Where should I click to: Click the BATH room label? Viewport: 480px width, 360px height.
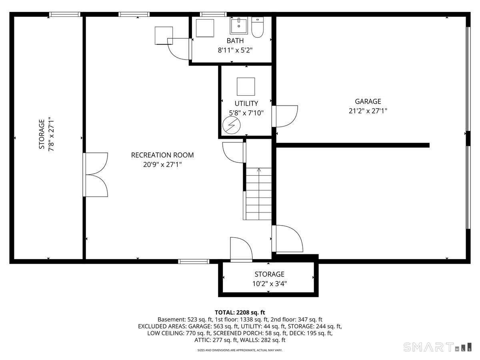pyautogui.click(x=235, y=41)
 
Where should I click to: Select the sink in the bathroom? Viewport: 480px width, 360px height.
pyautogui.click(x=239, y=26)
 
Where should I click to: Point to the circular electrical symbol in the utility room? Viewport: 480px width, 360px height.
pyautogui.click(x=230, y=126)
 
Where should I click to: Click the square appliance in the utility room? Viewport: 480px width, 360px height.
pyautogui.click(x=246, y=86)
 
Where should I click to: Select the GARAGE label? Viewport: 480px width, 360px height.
pyautogui.click(x=368, y=102)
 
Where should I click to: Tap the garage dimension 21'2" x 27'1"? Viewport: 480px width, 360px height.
pyautogui.click(x=368, y=111)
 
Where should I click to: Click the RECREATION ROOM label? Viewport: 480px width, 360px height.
pyautogui.click(x=162, y=155)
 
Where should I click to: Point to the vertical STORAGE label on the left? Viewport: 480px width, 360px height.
pyautogui.click(x=42, y=134)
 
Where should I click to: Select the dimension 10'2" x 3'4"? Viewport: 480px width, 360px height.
pyautogui.click(x=269, y=284)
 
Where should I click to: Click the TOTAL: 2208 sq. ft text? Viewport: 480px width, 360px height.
pyautogui.click(x=240, y=312)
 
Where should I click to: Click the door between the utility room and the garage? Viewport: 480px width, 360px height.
pyautogui.click(x=285, y=116)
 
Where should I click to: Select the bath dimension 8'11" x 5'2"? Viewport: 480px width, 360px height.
pyautogui.click(x=235, y=50)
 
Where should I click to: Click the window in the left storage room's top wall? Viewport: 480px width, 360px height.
pyautogui.click(x=65, y=15)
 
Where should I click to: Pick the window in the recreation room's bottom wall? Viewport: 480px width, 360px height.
pyautogui.click(x=194, y=262)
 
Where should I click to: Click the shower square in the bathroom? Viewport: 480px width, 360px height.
pyautogui.click(x=206, y=28)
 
